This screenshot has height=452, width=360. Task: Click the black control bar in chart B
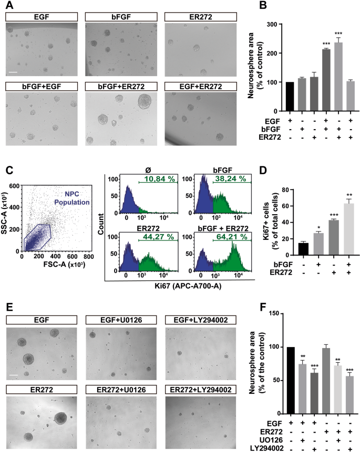pyautogui.click(x=289, y=97)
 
